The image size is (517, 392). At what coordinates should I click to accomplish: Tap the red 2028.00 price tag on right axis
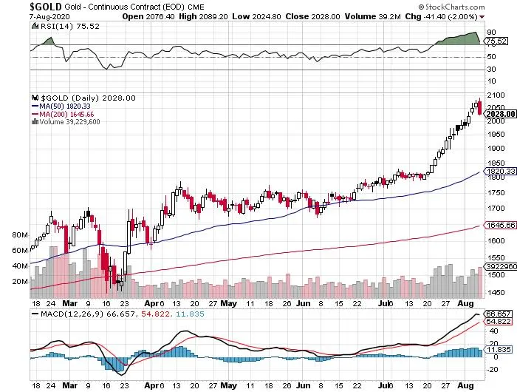coord(500,114)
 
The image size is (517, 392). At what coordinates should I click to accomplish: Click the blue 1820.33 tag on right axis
coord(500,171)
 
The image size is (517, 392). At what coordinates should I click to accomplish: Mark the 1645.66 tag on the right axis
coord(500,225)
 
